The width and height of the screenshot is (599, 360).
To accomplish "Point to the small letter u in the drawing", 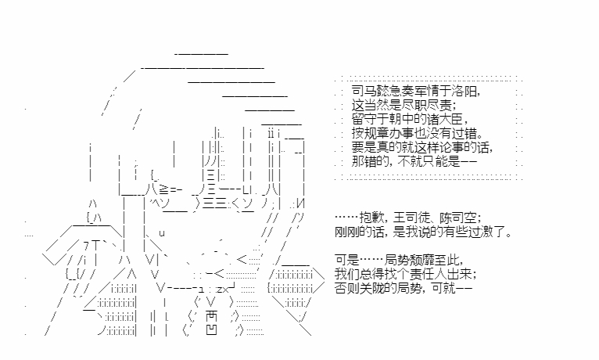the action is tap(162, 233).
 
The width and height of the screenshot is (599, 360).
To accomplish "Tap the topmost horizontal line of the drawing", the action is tap(201, 53).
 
